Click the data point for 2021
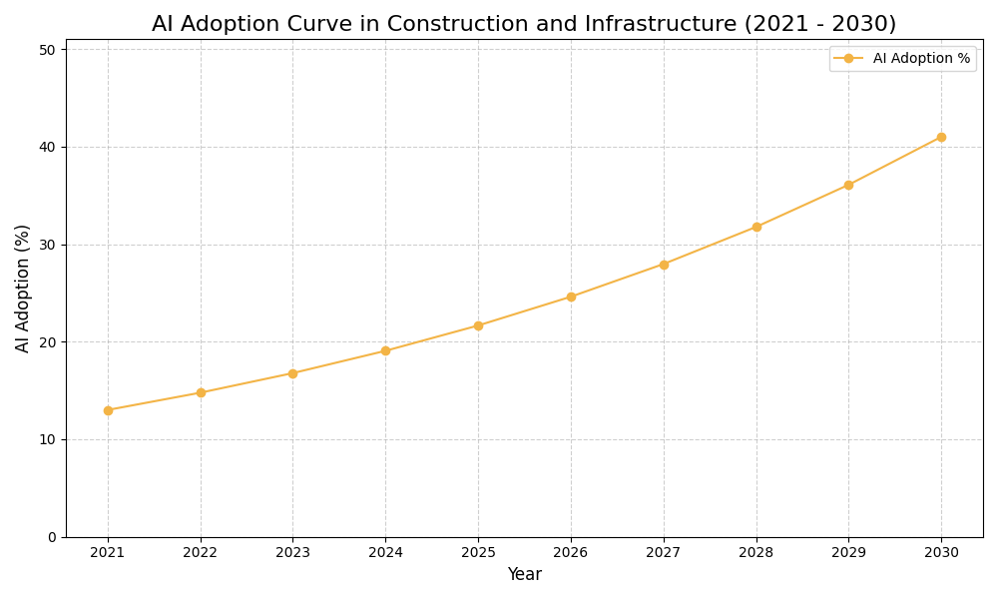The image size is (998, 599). [x=108, y=410]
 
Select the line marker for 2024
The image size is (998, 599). [x=385, y=350]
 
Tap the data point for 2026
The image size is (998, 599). [x=571, y=297]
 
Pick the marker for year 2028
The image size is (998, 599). [x=756, y=227]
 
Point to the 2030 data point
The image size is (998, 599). [x=941, y=137]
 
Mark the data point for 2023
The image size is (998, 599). [x=292, y=373]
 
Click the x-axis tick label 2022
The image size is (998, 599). [x=201, y=552]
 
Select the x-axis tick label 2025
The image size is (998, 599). [x=478, y=552]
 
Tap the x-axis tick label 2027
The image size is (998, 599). [x=664, y=552]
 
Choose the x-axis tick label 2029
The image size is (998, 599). [x=848, y=552]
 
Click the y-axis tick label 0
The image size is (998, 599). [x=52, y=537]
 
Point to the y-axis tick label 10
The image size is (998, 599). [x=48, y=439]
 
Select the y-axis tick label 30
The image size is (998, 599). [x=48, y=245]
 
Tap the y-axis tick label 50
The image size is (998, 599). [x=48, y=49]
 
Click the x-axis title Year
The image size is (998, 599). [x=524, y=575]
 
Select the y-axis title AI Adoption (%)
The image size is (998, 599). [x=23, y=288]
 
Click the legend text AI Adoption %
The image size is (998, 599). [x=921, y=59]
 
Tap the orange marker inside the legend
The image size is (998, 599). [x=848, y=59]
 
